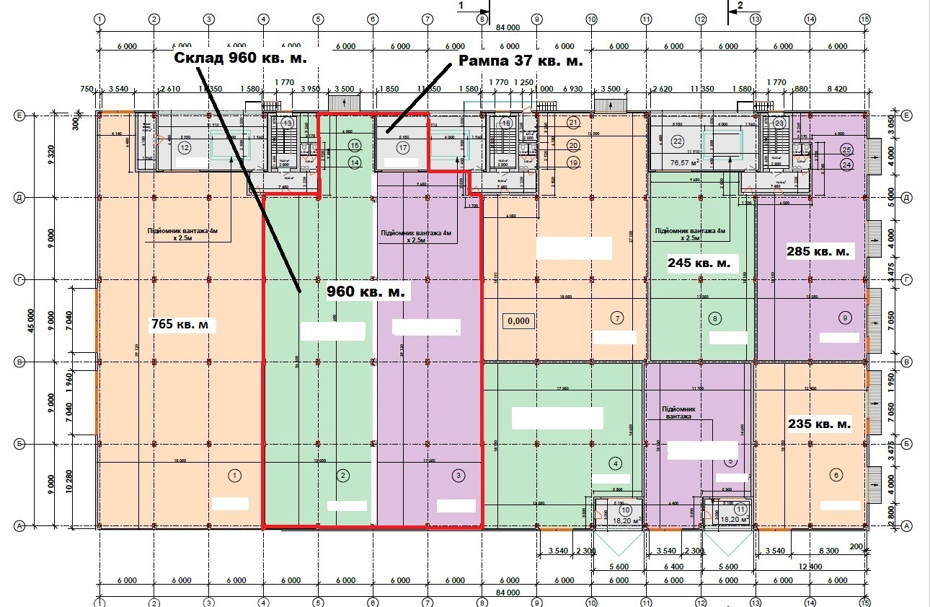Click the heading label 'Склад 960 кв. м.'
click(246, 58)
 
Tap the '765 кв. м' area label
click(183, 324)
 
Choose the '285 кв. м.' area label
click(819, 252)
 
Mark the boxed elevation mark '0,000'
click(519, 320)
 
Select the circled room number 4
click(615, 463)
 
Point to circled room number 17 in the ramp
click(402, 148)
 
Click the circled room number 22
click(677, 141)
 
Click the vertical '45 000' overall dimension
click(30, 320)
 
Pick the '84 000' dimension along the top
click(508, 28)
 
